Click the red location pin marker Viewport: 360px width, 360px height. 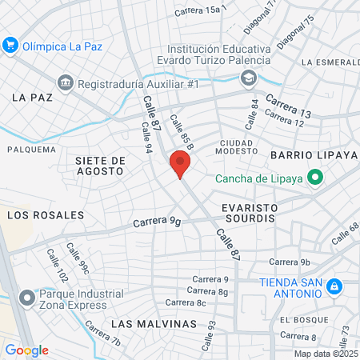click(x=180, y=166)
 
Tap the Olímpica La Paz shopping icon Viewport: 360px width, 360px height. click(x=10, y=45)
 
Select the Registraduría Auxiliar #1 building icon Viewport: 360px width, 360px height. click(x=65, y=82)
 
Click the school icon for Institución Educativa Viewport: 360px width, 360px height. click(x=249, y=78)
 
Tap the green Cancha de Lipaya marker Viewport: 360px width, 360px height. click(x=315, y=178)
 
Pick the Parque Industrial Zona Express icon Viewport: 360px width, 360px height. click(x=28, y=297)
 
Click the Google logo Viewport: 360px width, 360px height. click(x=26, y=350)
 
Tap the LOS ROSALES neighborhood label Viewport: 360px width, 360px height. click(x=45, y=215)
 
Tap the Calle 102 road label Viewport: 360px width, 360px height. click(x=58, y=265)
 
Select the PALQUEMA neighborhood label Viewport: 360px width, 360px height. click(x=31, y=150)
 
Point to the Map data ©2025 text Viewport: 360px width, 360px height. click(x=326, y=354)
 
